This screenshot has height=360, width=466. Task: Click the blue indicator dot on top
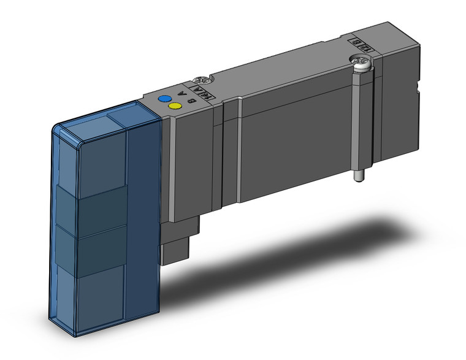click(x=164, y=99)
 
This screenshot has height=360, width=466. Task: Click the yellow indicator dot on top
click(x=174, y=107)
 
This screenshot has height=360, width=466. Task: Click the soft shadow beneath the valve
click(x=294, y=239)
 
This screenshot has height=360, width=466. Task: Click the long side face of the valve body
click(x=294, y=147)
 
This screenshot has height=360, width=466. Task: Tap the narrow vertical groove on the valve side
click(x=240, y=153)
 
